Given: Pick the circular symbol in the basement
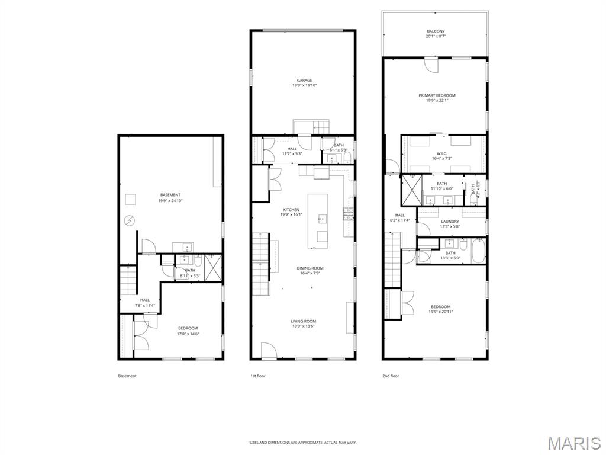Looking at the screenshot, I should point(129,221).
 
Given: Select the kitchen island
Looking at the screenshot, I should point(319,221).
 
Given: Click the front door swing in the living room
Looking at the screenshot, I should point(268,350).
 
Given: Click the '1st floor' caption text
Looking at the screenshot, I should point(257,376).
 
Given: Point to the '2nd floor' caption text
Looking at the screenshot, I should point(391,376).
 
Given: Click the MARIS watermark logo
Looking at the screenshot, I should point(573,443).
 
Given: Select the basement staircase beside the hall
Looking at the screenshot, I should point(128,280).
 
